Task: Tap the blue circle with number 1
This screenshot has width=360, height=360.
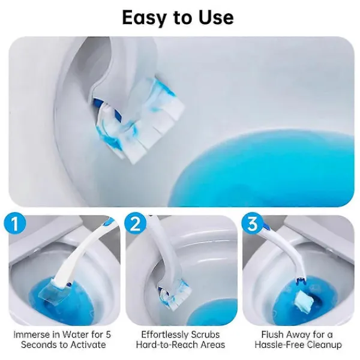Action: pyautogui.click(x=15, y=223)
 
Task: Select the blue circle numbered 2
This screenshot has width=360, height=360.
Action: pyautogui.click(x=135, y=223)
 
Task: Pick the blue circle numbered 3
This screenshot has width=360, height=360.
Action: pyautogui.click(x=253, y=223)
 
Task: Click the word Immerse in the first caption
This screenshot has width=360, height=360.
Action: pyautogui.click(x=31, y=335)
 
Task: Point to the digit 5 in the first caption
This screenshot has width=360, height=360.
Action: pyautogui.click(x=108, y=335)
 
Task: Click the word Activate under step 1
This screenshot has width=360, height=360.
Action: pyautogui.click(x=88, y=344)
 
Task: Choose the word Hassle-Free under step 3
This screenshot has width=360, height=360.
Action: pyautogui.click(x=279, y=344)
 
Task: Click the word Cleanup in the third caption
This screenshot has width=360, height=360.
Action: pyautogui.click(x=324, y=345)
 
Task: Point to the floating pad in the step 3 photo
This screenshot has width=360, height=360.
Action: pyautogui.click(x=303, y=301)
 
